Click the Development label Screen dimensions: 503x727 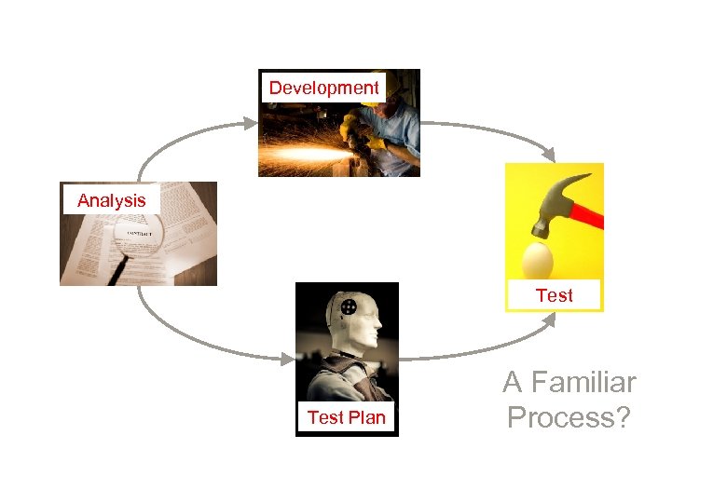pos(324,88)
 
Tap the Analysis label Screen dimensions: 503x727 pos(112,200)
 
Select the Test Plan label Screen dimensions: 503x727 pos(346,417)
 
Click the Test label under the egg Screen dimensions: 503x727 pos(554,295)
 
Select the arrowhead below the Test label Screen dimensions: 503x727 pos(549,321)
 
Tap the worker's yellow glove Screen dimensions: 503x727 pos(374,141)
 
